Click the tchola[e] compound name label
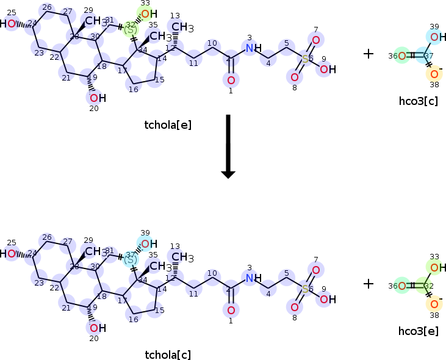pos(168,125)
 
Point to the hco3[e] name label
pos(418,330)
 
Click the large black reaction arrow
pos(228,146)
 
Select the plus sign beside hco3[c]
pos(368,54)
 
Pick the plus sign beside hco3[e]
pos(368,283)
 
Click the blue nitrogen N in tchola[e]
pos(249,48)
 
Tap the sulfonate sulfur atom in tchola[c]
pos(305,288)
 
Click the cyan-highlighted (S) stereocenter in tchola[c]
pos(131,259)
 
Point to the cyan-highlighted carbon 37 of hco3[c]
pos(428,56)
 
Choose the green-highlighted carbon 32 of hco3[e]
pos(428,286)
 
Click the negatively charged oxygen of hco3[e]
pos(434,304)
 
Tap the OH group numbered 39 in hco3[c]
pos(434,37)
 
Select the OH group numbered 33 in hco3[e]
pos(434,267)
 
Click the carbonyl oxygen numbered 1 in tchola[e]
pos(231,80)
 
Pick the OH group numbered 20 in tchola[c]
pos(96,328)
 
